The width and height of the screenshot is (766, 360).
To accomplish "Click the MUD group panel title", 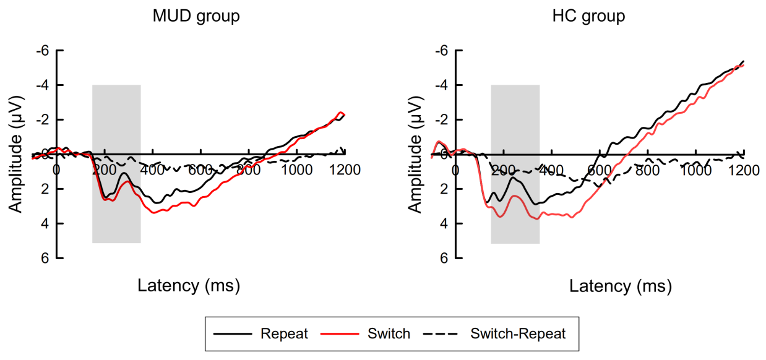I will coord(196,17).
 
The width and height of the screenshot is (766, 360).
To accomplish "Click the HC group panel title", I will coord(588,17).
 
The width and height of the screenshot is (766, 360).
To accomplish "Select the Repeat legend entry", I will coord(284,334).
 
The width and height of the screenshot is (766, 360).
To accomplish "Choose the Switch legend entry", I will coord(389,334).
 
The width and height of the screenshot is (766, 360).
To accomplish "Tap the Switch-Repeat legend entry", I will coord(518,334).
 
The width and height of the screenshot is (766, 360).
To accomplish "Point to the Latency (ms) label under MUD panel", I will coord(188,286).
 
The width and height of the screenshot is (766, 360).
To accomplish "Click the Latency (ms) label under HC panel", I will coord(620,286).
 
